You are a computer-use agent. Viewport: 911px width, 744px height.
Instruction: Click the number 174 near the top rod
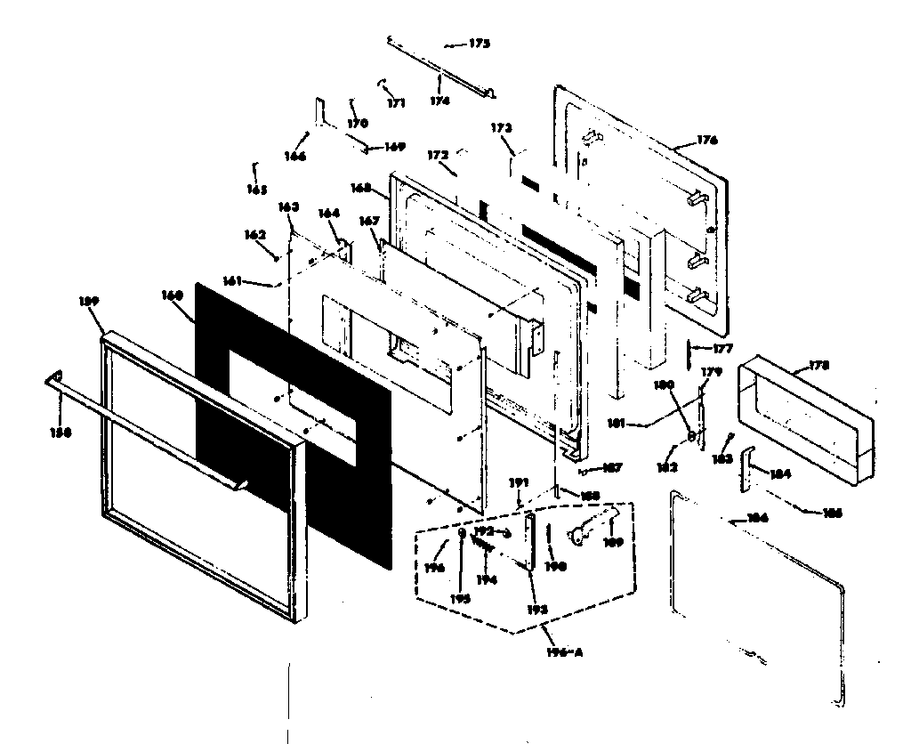point(440,101)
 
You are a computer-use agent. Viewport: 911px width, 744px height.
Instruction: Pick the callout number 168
point(360,188)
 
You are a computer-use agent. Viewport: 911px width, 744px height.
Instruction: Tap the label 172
point(438,156)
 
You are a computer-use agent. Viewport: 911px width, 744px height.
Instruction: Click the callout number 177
point(722,350)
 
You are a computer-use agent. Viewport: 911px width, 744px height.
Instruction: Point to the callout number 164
point(328,213)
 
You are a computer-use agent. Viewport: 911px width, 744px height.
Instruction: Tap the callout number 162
point(255,235)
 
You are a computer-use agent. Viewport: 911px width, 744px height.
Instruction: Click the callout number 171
point(396,103)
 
